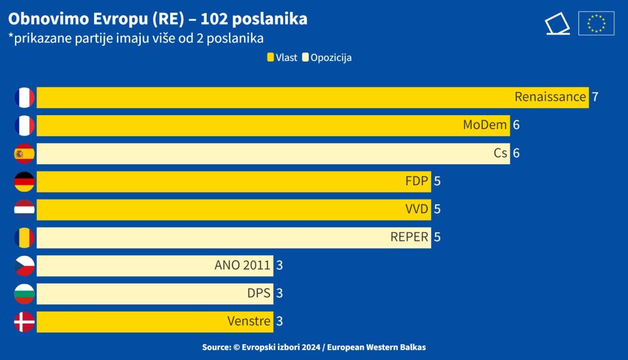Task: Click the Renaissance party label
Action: tap(550, 97)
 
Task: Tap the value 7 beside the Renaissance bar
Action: tap(595, 97)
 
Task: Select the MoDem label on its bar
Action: tap(486, 125)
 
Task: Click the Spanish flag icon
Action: tap(24, 153)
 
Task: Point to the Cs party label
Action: tap(500, 153)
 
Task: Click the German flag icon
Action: tap(24, 181)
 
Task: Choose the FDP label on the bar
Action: tap(417, 181)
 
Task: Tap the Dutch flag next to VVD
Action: tap(24, 209)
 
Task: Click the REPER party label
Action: tap(410, 237)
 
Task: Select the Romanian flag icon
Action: tap(24, 237)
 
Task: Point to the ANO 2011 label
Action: tap(242, 265)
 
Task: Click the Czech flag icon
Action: tap(24, 265)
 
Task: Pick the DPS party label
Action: tap(259, 293)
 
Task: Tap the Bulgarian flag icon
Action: tap(24, 293)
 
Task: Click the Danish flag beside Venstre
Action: tap(24, 321)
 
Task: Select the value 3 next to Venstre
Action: tap(279, 321)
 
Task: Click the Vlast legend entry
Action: tap(282, 58)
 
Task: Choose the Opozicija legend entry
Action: tap(327, 58)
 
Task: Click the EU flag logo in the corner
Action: tap(596, 24)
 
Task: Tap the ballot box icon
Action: tap(557, 24)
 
